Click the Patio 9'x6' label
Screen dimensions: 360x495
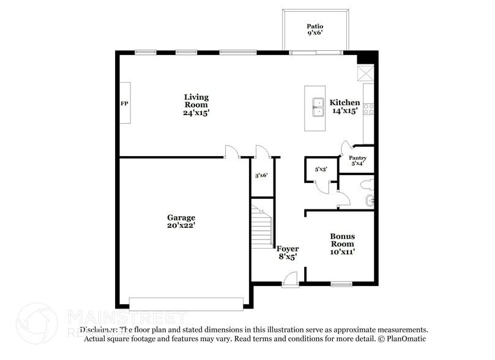click(x=314, y=30)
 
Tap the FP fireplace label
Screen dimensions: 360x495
click(x=124, y=103)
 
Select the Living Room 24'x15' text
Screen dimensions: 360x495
click(x=196, y=105)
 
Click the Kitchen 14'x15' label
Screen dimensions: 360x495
click(x=344, y=107)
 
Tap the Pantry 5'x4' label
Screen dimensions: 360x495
click(x=357, y=160)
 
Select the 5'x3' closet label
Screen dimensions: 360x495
click(x=321, y=169)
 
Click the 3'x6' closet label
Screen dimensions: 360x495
click(x=261, y=176)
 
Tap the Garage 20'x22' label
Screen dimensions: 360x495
click(x=182, y=221)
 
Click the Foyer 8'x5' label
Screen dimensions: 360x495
click(x=288, y=253)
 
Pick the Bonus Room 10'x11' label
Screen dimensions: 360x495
click(x=343, y=243)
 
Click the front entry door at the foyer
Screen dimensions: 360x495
click(x=289, y=281)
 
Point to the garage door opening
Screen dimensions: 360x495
click(x=186, y=304)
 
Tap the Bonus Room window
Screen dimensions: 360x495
click(x=341, y=283)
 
